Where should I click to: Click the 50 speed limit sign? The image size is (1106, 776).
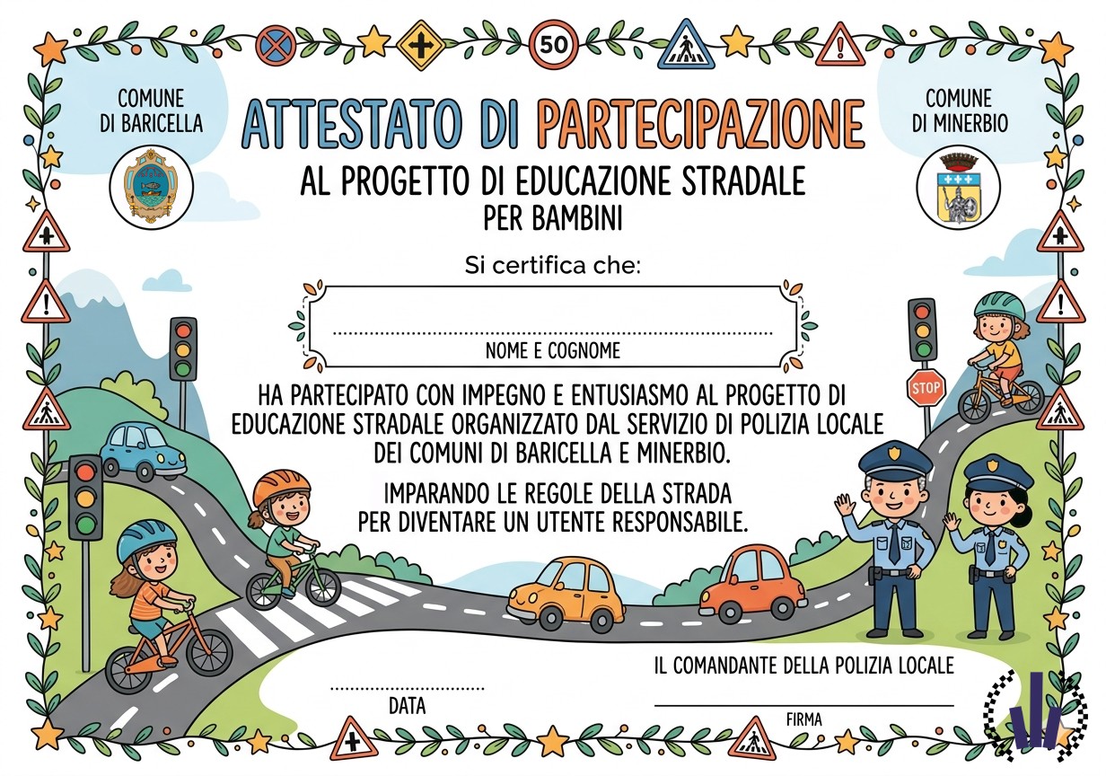554,45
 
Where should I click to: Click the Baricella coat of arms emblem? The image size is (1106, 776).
151,187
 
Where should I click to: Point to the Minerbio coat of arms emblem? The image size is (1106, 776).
959,188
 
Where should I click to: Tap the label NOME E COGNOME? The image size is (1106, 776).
552,350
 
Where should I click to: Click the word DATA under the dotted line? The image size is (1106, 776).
407,705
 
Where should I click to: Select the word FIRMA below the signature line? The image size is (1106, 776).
803,719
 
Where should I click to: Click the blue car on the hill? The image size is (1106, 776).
144,451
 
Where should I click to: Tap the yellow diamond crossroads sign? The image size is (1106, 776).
421,45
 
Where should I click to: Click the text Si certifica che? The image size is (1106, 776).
552,266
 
